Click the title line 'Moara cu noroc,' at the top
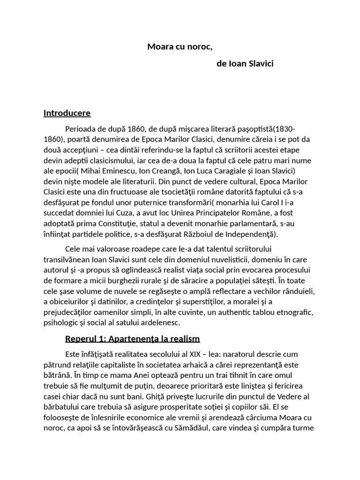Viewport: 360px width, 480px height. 176,46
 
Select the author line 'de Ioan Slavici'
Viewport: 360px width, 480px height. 245,63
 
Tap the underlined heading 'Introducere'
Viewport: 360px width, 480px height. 67,113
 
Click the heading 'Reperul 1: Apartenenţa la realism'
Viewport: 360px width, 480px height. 132,338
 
